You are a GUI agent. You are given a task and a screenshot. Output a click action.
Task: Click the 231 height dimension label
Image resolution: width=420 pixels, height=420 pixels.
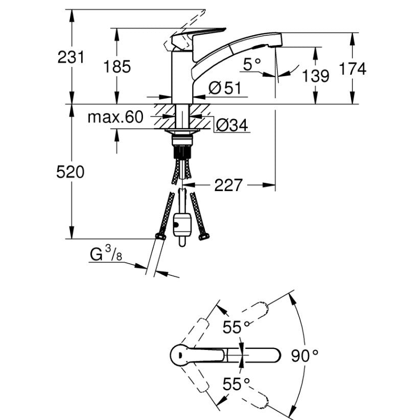point(71,57)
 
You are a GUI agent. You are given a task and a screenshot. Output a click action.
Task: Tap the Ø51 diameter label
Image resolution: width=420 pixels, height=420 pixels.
point(224,88)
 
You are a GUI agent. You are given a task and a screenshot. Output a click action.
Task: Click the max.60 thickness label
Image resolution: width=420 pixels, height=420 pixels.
point(114,118)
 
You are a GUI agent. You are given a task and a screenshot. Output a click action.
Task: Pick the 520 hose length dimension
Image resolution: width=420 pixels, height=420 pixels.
point(70,173)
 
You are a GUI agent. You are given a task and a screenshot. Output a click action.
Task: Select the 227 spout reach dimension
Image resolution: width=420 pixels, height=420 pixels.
point(227,185)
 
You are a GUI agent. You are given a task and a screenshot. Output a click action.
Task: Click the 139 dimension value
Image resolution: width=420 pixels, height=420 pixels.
point(315,77)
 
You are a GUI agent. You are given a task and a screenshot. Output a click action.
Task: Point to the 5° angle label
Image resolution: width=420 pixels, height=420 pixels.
point(252,64)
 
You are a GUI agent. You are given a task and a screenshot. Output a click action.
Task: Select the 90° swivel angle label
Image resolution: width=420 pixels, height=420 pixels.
point(306,355)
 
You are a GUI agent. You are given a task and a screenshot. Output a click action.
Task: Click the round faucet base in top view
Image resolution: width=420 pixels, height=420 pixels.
point(180,354)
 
